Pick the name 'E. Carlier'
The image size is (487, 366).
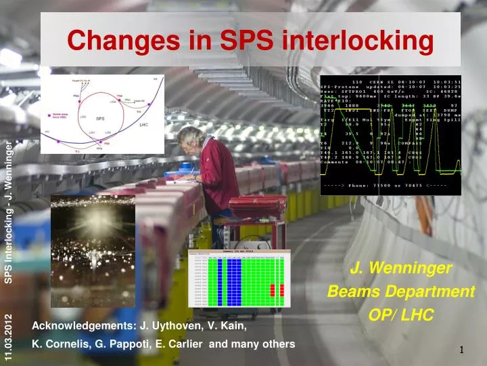tap(178, 344)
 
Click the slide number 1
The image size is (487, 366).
tap(461, 350)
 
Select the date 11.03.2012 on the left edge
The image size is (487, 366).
tap(8, 338)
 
